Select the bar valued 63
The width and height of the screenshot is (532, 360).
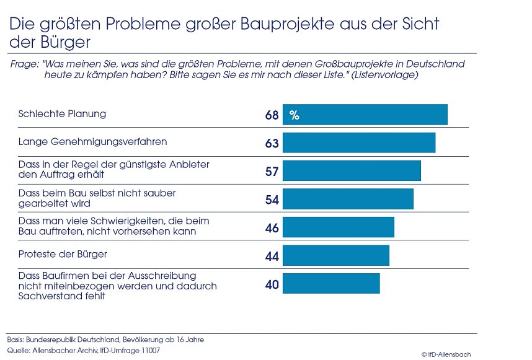[359, 143]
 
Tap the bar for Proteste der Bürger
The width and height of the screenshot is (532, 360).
[335, 255]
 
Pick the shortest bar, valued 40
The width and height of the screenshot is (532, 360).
[331, 284]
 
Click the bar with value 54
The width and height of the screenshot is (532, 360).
[348, 199]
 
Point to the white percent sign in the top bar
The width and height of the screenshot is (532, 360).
[295, 115]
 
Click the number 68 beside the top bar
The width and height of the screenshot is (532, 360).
[272, 115]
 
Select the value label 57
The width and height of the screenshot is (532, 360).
[272, 171]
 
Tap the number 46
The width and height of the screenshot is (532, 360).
[272, 227]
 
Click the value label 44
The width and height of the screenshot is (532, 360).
[272, 256]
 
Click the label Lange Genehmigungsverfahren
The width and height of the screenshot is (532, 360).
[92, 142]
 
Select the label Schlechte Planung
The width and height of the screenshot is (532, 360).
[62, 114]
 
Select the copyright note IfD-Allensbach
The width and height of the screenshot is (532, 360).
[446, 354]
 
